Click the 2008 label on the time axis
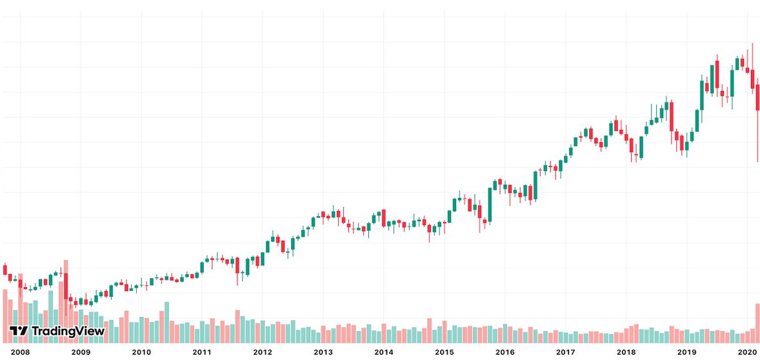(x=21, y=352)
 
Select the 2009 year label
(x=81, y=352)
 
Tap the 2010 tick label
(x=141, y=352)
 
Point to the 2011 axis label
(x=202, y=352)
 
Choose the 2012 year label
(x=263, y=352)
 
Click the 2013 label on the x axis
(x=323, y=352)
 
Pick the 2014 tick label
(x=384, y=352)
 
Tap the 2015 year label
(x=445, y=352)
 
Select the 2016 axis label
(x=505, y=352)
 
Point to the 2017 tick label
(x=566, y=352)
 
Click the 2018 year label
(x=626, y=352)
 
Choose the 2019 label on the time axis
(x=686, y=352)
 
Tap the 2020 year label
(x=747, y=352)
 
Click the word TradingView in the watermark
(x=68, y=332)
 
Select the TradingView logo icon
(x=19, y=332)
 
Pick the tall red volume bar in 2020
(x=757, y=323)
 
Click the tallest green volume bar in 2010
(x=166, y=322)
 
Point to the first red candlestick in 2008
(x=5, y=269)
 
